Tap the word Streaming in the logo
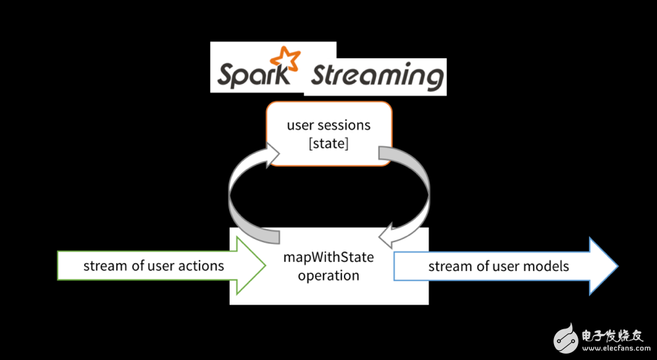coord(377,75)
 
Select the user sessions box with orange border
coord(328,133)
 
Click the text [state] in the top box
coord(328,144)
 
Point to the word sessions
coord(345,125)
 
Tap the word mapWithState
coord(328,257)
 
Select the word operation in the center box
coord(328,275)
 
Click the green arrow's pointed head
coord(252,265)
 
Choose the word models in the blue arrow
coord(546,266)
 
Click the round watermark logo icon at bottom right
coord(567,338)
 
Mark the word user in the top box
coord(299,125)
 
